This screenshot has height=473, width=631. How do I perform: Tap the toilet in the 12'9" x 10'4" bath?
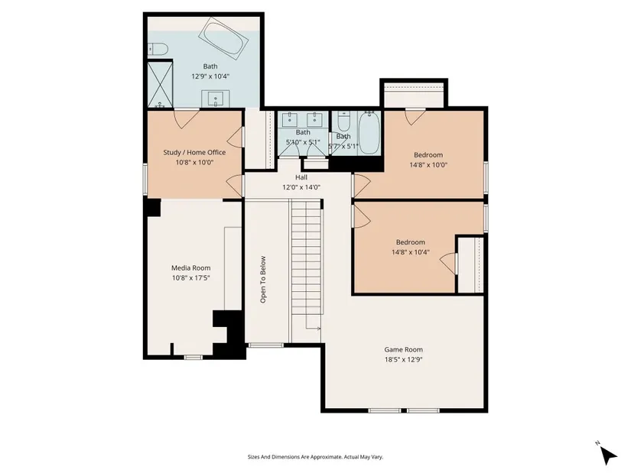coord(158,49)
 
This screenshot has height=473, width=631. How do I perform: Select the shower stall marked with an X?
coord(160,85)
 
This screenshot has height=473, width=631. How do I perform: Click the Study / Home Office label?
coord(194,152)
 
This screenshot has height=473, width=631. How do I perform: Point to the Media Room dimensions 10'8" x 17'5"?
coord(191,278)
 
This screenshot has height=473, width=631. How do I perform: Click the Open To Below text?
coord(263,280)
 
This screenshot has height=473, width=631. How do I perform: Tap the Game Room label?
coord(403,350)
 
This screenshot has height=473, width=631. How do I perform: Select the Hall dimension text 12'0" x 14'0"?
coord(301,187)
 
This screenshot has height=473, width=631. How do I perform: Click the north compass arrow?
coord(609,455)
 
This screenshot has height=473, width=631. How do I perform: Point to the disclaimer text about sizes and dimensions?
coord(315,457)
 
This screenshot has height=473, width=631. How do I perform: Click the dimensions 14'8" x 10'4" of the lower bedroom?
coord(411,252)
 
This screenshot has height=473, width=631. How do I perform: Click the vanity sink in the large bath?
coord(215,99)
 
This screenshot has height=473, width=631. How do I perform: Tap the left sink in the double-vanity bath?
coord(289,118)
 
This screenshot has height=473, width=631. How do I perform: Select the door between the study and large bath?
coord(186,119)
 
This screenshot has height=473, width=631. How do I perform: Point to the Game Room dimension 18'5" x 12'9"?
coord(403,360)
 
